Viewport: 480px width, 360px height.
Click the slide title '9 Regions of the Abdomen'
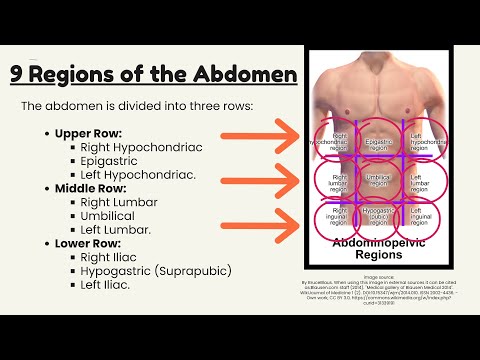[x=153, y=74]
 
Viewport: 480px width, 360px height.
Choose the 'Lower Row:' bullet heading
[x=86, y=242]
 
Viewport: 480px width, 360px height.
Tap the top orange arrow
[x=261, y=134]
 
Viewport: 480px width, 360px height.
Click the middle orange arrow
[x=261, y=180]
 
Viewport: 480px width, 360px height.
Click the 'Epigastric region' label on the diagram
[x=378, y=146]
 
